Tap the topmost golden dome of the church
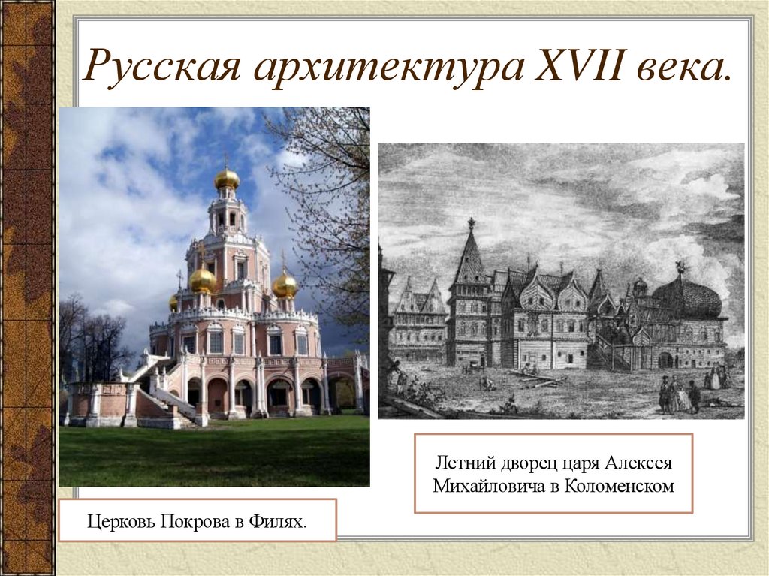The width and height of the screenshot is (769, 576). coord(227,179)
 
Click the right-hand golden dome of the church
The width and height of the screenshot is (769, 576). coord(285,285)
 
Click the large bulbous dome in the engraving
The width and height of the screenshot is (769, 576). coord(687,297)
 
